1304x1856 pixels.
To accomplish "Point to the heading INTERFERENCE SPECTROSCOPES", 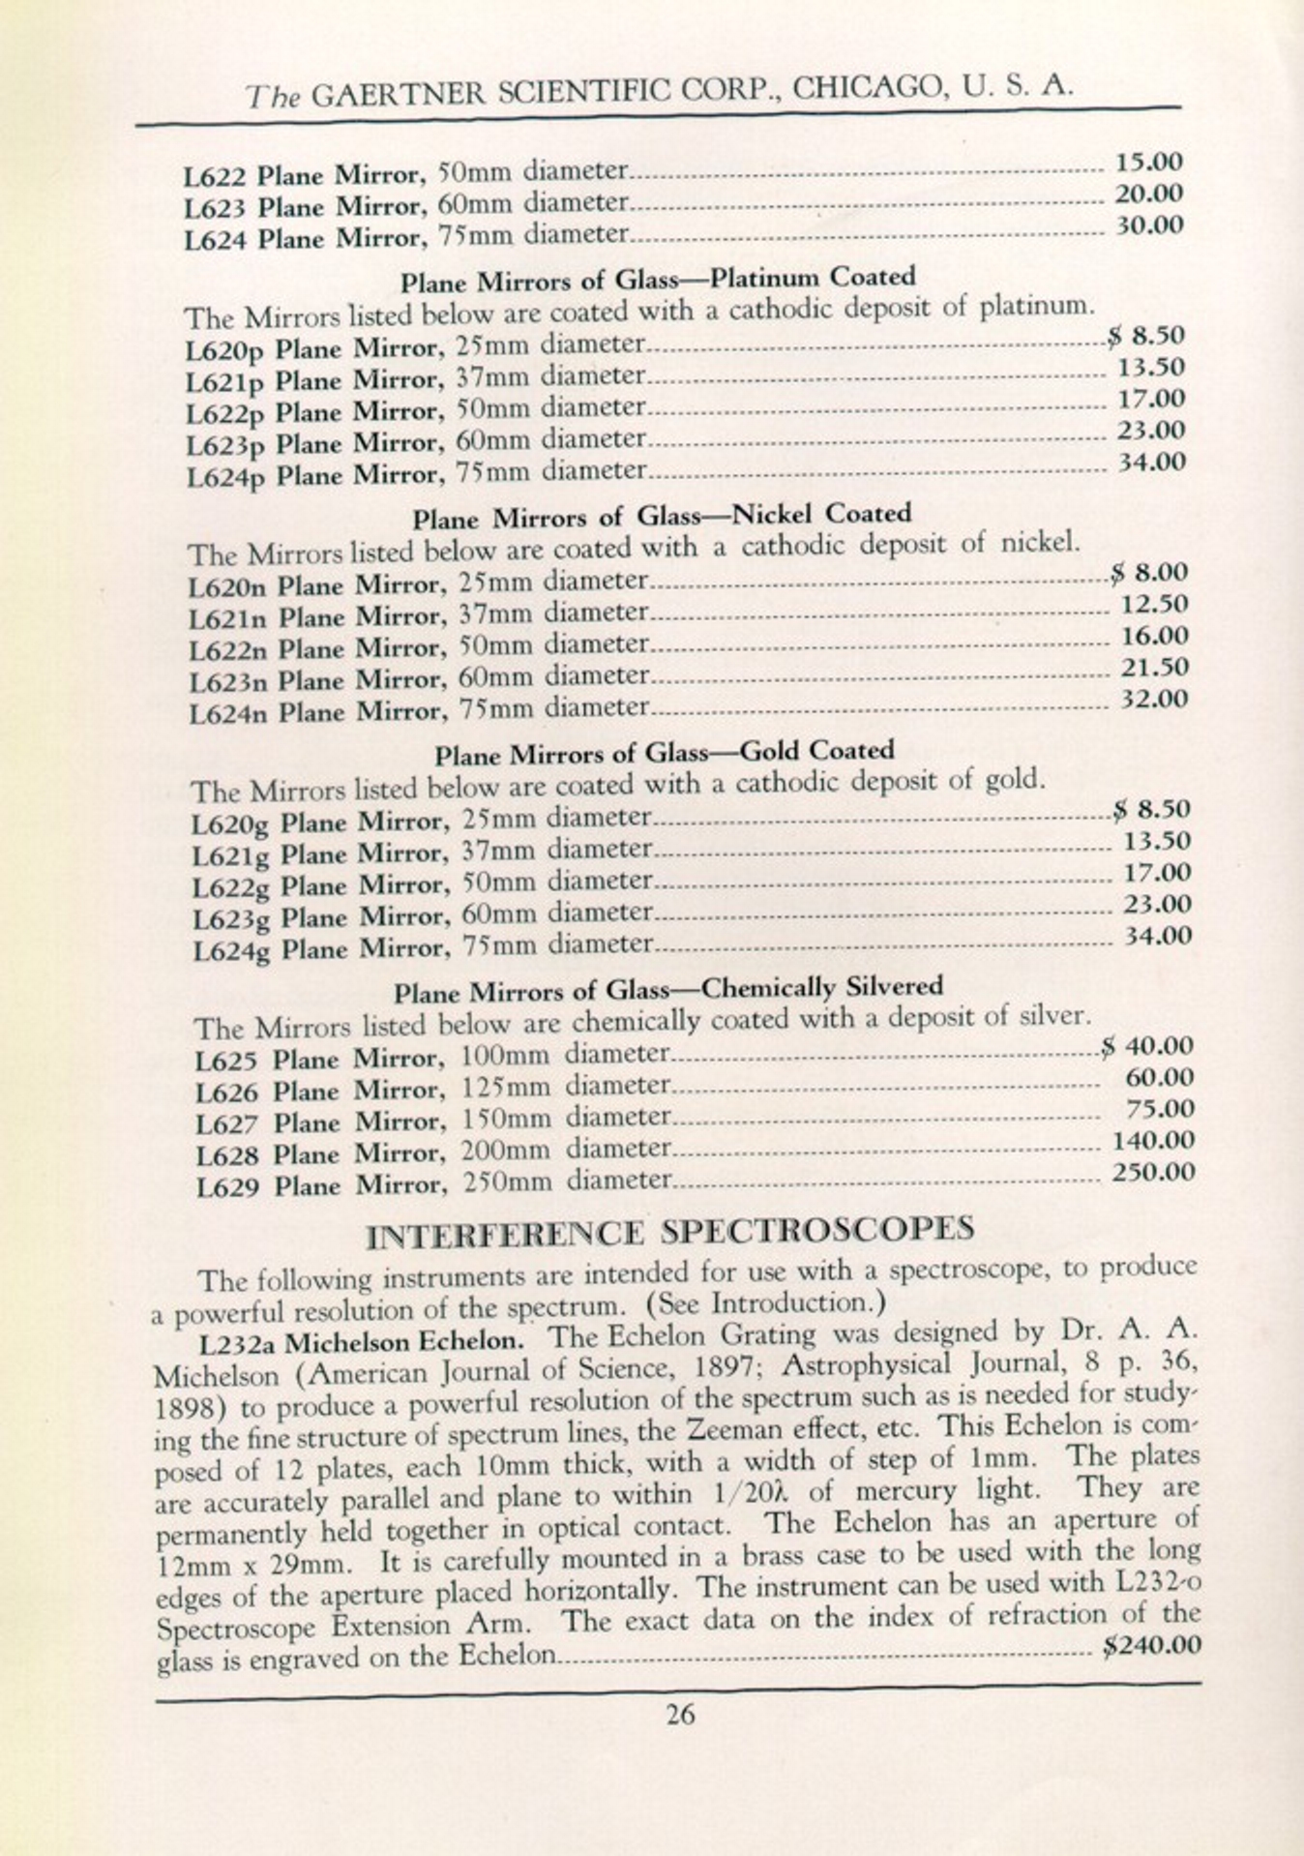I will (x=671, y=1231).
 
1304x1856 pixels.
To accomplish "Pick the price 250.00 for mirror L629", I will (x=1153, y=1173).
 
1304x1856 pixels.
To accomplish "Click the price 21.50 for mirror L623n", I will (x=1154, y=668).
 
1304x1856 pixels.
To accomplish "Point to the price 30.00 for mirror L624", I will (x=1149, y=225).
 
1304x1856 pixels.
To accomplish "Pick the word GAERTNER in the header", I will (x=400, y=93).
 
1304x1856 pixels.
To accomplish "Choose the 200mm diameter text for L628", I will (x=506, y=1152).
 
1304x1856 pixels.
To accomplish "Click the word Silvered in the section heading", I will (x=895, y=987).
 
